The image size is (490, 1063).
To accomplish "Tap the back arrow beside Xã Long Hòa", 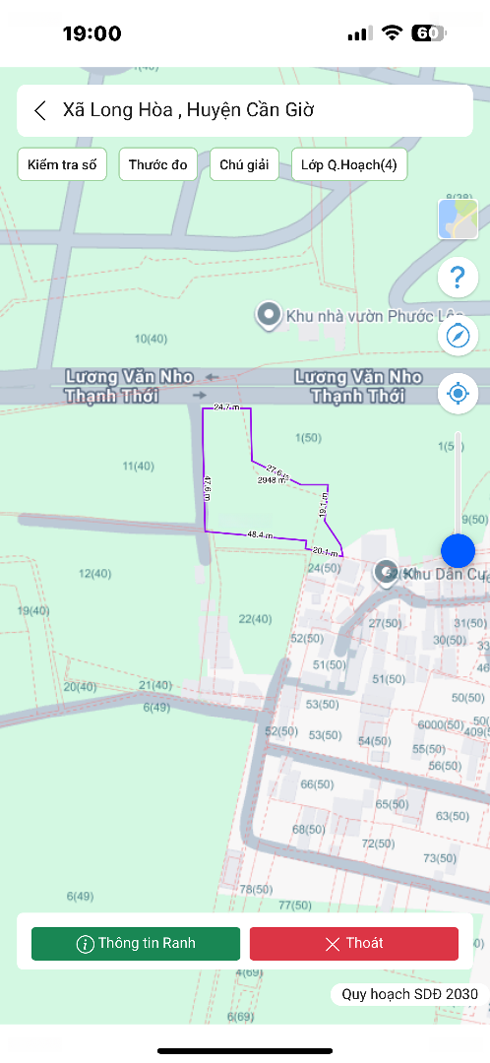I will point(40,110).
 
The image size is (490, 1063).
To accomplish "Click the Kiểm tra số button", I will point(62,164).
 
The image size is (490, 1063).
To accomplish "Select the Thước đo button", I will point(157,164).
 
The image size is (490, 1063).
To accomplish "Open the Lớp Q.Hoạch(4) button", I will point(349,164).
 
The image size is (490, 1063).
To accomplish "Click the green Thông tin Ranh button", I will point(136,943).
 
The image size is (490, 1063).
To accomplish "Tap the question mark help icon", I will point(458,278).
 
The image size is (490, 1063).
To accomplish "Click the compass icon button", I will point(458,336).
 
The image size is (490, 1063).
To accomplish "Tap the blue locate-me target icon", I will point(458,394).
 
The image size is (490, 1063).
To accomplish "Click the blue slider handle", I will point(458,550).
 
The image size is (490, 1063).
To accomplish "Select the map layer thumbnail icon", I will point(458,219).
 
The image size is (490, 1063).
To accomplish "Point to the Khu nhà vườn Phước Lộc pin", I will point(268,316).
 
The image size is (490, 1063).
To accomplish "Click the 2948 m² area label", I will point(272,480).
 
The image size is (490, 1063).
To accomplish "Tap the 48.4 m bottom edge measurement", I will point(260,534).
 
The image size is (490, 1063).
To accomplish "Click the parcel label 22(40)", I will point(255,619).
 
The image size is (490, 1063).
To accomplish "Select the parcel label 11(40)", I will point(139,466).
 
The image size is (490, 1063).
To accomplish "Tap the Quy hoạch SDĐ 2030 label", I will point(409,994).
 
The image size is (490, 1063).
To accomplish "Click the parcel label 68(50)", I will point(308,830).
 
